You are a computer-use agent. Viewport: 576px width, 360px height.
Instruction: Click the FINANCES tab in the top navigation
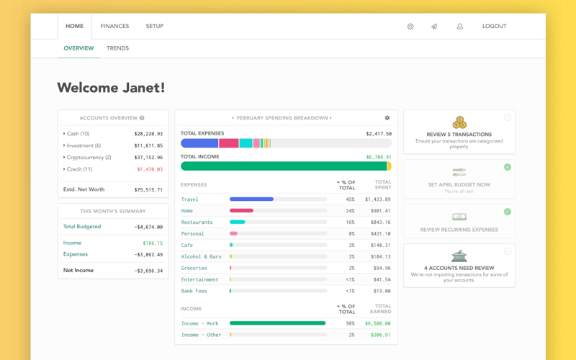click(x=114, y=26)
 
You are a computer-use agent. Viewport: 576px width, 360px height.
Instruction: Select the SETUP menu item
click(x=155, y=26)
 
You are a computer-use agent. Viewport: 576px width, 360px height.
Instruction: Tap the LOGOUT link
click(x=494, y=26)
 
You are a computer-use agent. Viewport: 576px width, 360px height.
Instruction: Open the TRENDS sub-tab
click(x=117, y=48)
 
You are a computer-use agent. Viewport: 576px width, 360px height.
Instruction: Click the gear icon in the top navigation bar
click(x=410, y=27)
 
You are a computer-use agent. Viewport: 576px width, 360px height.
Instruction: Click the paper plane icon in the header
click(x=434, y=27)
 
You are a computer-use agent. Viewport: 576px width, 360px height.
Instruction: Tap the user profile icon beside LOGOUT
click(x=460, y=27)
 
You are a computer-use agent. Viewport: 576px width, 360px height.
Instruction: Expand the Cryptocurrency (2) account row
click(x=88, y=157)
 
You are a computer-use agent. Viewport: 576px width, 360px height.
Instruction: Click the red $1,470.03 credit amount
click(x=150, y=169)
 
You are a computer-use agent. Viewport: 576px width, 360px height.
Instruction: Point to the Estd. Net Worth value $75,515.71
click(x=148, y=190)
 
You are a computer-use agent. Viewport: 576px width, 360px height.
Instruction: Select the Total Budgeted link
click(x=82, y=227)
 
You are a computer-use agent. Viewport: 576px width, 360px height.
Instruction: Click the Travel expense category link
click(x=190, y=199)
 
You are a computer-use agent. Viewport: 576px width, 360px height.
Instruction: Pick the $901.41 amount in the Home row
click(x=380, y=211)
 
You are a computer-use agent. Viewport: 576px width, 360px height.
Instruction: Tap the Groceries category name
click(x=194, y=268)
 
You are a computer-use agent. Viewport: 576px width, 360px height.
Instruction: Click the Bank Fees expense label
click(x=194, y=291)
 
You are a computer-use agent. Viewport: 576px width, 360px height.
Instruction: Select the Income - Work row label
click(x=200, y=323)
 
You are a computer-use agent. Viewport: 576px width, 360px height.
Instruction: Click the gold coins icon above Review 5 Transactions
click(x=459, y=122)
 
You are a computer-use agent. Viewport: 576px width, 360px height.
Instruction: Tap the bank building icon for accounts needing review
click(x=459, y=257)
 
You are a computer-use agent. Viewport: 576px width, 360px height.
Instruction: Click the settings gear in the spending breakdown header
click(x=387, y=118)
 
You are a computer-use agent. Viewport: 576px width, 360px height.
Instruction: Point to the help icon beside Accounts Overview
click(x=142, y=118)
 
